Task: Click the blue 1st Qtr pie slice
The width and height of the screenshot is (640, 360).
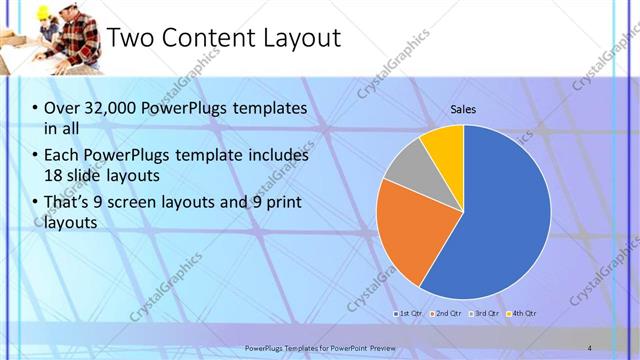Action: point(500,220)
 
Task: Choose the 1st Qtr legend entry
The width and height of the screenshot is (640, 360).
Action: point(409,314)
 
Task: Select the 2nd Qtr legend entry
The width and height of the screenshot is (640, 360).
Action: point(446,314)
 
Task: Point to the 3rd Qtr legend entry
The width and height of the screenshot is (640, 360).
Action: point(484,314)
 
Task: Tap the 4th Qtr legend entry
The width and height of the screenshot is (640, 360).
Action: point(522,314)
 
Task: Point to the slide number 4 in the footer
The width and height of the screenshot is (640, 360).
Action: point(589,347)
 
